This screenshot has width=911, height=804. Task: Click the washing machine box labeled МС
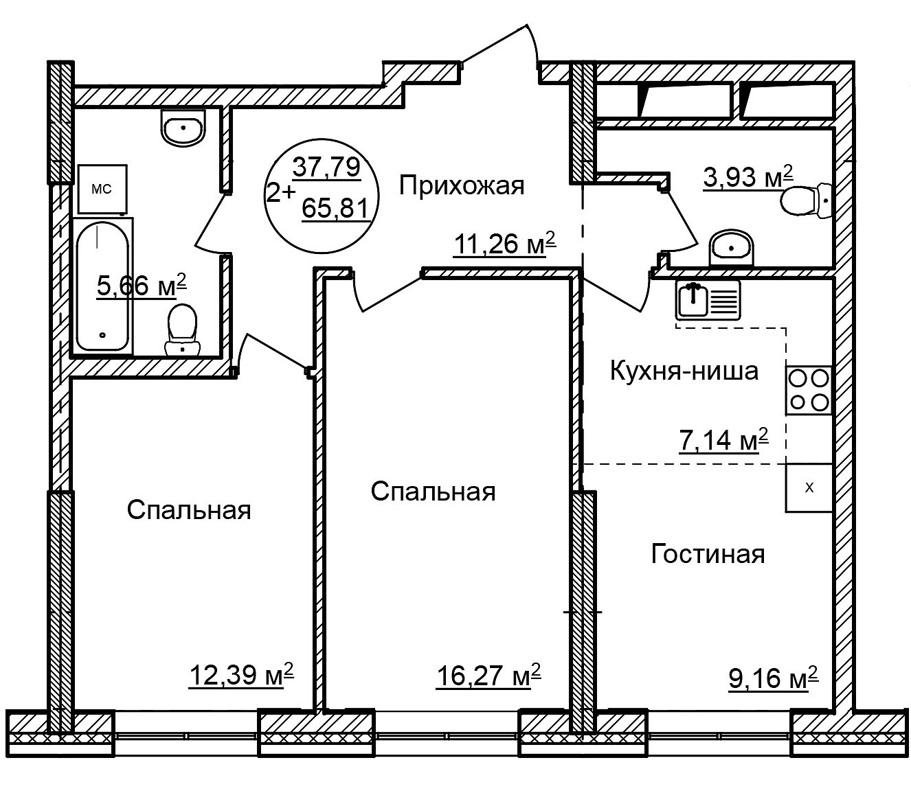pos(102,189)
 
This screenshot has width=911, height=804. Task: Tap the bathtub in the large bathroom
pos(103,286)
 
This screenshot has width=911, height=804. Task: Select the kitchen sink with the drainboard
pos(708,299)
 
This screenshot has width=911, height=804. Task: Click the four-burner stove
pos(809,389)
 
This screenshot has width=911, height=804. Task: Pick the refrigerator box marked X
pos(809,487)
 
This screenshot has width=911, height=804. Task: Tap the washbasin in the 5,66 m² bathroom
pos(183,128)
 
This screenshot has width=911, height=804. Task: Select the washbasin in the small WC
pos(731,248)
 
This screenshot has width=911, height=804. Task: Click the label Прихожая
pos(462,185)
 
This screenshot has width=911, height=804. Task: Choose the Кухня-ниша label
pos(684,371)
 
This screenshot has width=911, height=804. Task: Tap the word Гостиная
pos(708,553)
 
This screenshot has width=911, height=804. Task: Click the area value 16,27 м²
pos(488,676)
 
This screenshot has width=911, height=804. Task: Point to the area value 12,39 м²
pos(241,674)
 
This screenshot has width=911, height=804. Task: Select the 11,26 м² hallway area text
pos(505,244)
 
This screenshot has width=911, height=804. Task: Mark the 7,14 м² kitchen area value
pos(723,439)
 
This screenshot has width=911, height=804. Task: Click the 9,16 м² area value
pos(774,678)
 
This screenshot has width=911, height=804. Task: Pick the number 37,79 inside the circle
pos(326,167)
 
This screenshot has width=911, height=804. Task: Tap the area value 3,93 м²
pos(748,176)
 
